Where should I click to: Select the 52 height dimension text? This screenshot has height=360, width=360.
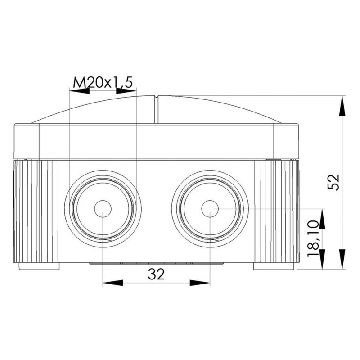334,182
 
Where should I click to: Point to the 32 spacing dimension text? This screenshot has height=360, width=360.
157,273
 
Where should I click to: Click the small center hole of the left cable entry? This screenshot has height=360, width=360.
103,209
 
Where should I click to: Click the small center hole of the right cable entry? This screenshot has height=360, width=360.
210,209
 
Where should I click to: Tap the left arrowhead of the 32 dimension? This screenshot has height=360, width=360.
113,283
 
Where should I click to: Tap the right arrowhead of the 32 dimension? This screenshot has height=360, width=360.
200,283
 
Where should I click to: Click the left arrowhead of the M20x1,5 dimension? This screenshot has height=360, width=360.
78,90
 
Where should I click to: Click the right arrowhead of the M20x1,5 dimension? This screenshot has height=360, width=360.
126,90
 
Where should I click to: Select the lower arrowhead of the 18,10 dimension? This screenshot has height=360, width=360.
322,259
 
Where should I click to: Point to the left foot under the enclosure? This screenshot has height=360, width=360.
39,266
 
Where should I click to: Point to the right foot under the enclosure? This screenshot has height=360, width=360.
274,266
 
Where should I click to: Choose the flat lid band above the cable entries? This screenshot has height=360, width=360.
156,142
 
